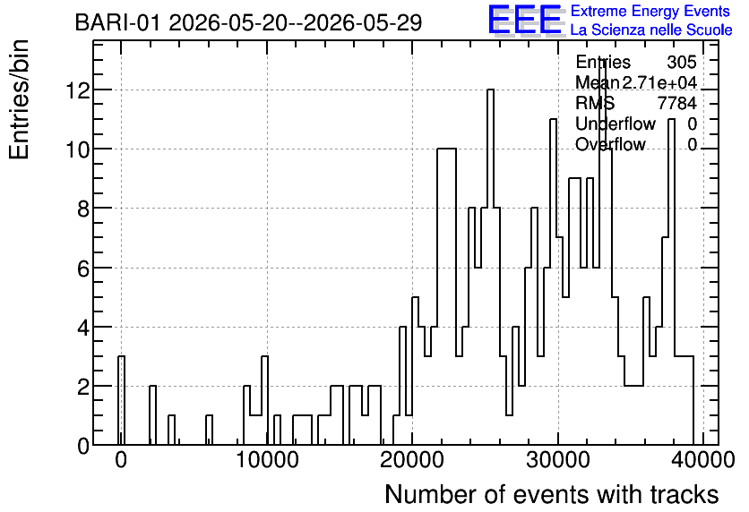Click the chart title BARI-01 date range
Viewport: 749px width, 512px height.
click(248, 22)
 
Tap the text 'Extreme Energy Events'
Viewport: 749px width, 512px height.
click(650, 11)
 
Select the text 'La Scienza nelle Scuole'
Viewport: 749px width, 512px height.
click(651, 30)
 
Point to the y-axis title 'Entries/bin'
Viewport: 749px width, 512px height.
click(19, 99)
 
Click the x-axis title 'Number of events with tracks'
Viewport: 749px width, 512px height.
click(552, 494)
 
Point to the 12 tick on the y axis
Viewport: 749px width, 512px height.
click(78, 90)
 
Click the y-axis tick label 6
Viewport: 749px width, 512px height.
click(83, 269)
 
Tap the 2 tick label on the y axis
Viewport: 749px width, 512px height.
click(83, 387)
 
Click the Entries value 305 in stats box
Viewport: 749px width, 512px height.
click(682, 62)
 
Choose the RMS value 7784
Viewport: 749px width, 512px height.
click(676, 103)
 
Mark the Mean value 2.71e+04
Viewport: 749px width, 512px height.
click(659, 82)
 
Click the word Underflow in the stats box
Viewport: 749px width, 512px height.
click(616, 124)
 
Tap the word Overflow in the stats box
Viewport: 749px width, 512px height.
click(610, 144)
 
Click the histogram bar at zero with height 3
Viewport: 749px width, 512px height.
click(121, 400)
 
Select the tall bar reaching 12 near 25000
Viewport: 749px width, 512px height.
click(490, 268)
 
